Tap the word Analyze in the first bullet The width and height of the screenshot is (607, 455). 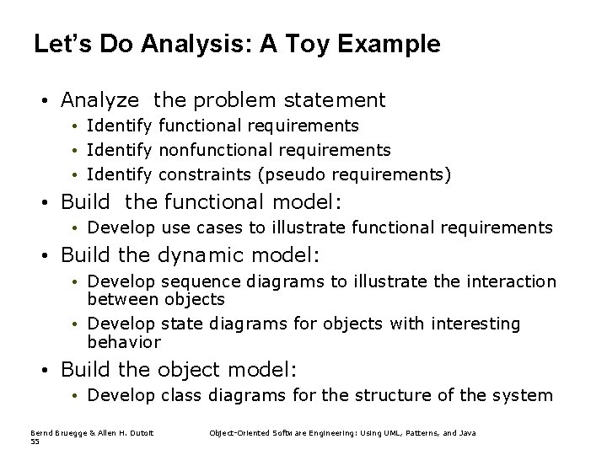pos(99,100)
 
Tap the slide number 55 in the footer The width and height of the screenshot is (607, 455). pos(35,442)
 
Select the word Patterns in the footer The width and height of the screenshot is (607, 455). pos(409,433)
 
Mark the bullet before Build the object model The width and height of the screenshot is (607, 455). pos(48,369)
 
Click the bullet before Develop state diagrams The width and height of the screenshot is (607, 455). pos(76,324)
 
